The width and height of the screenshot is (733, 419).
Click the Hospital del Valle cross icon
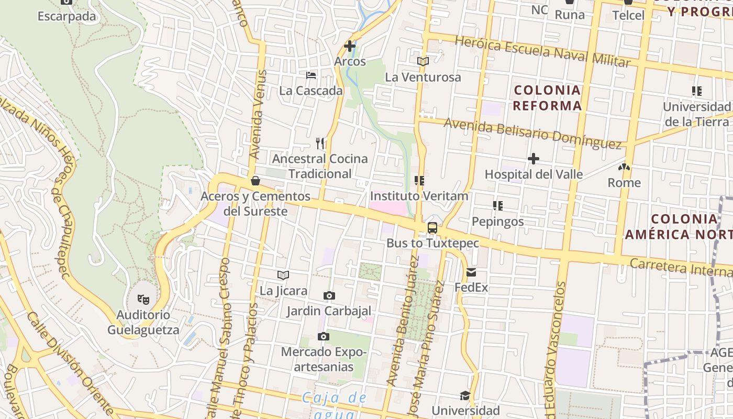534,158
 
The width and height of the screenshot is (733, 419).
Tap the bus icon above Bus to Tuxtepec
432,228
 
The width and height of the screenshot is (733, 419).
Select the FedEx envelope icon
471,272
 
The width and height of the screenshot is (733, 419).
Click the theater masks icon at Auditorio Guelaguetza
143,300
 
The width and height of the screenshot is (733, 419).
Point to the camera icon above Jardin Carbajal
329,296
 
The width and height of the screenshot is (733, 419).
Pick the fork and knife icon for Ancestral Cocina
320,143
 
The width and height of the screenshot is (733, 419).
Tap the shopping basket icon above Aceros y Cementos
256,181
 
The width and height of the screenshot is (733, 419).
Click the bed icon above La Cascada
311,75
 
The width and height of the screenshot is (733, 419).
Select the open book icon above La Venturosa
423,62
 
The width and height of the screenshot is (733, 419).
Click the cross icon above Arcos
350,46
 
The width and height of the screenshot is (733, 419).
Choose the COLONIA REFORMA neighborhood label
547,98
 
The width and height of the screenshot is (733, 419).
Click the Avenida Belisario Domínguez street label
532,133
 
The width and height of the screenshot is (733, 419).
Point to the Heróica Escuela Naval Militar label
542,51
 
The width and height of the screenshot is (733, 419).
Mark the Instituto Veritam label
419,196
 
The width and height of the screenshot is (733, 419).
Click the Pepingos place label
497,222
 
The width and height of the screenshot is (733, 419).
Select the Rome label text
624,183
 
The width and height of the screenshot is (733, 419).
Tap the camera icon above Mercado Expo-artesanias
324,336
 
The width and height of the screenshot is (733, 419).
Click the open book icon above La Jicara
283,275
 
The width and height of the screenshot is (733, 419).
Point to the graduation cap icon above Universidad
465,395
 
